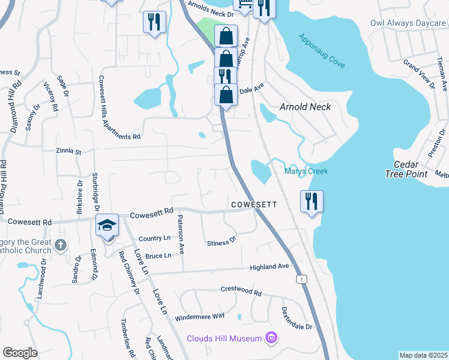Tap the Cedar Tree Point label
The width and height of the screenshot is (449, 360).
(x=406, y=169)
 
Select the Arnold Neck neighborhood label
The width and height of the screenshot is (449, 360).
(x=306, y=107)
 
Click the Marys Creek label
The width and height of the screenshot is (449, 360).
(x=306, y=172)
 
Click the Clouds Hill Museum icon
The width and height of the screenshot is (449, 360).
(x=271, y=338)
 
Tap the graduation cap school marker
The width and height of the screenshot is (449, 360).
(x=107, y=225)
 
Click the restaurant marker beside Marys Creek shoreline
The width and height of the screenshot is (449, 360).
(x=312, y=201)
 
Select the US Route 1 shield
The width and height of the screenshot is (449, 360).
(x=300, y=280)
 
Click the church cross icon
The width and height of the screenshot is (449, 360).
(x=60, y=245)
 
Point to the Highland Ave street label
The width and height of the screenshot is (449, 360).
(x=270, y=266)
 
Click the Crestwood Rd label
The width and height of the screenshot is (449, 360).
(x=241, y=293)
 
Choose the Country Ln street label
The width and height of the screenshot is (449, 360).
(x=155, y=238)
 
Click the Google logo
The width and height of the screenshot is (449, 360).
(x=19, y=353)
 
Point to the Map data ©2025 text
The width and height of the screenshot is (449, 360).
(x=423, y=355)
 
